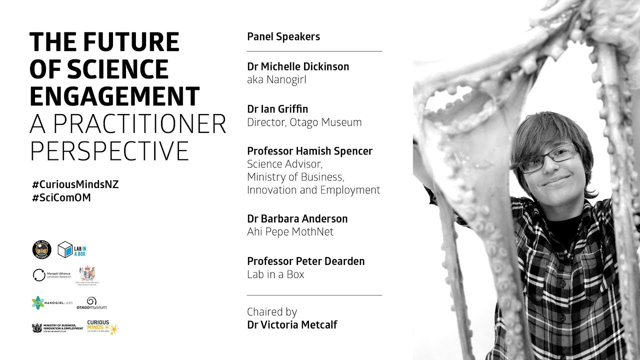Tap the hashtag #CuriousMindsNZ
pyautogui.click(x=75, y=184)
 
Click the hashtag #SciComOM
pyautogui.click(x=61, y=197)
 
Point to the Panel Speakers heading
pyautogui.click(x=283, y=36)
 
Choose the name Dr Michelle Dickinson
pyautogui.click(x=298, y=66)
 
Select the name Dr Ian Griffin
pyautogui.click(x=277, y=109)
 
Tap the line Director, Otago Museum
pyautogui.click(x=304, y=122)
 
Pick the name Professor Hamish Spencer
pyautogui.click(x=309, y=151)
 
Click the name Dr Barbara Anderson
pyautogui.click(x=297, y=218)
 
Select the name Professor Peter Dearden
pyautogui.click(x=305, y=261)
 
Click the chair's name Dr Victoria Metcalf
pyautogui.click(x=292, y=324)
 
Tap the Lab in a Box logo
pyautogui.click(x=72, y=249)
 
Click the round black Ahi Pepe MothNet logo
pyautogui.click(x=41, y=249)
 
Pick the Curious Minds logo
pyautogui.click(x=103, y=327)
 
